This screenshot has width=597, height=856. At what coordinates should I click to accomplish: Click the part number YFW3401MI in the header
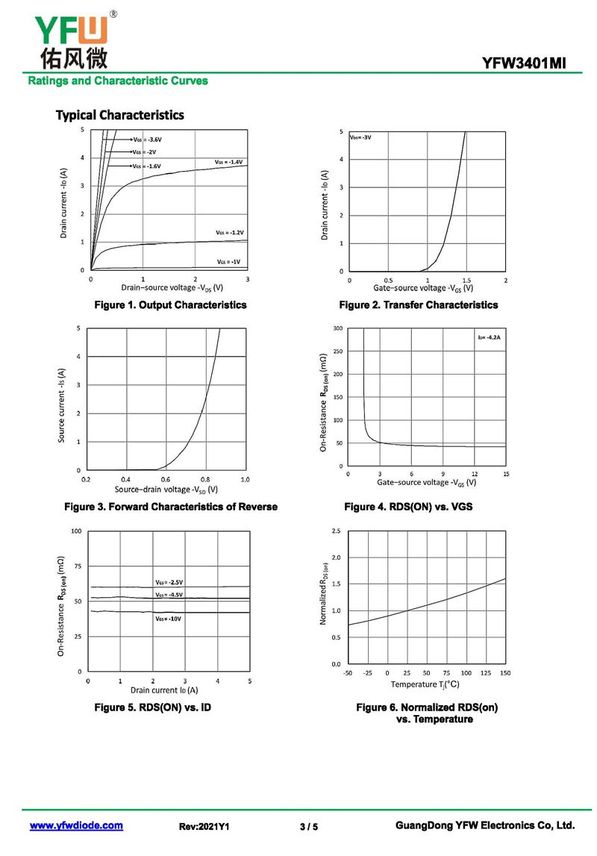pyautogui.click(x=524, y=64)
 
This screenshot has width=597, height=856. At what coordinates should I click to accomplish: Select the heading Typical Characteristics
pyautogui.click(x=119, y=115)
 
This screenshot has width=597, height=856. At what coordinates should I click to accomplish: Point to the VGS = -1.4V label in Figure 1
pyautogui.click(x=228, y=162)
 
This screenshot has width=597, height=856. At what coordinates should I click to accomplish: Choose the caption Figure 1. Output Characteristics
pyautogui.click(x=169, y=304)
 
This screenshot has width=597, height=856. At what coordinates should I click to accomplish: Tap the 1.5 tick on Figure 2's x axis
pyautogui.click(x=466, y=280)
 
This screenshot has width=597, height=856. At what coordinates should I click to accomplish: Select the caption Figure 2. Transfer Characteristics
pyautogui.click(x=418, y=304)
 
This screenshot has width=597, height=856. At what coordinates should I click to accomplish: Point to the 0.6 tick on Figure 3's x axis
pyautogui.click(x=165, y=479)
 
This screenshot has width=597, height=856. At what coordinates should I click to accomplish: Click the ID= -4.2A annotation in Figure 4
pyautogui.click(x=489, y=338)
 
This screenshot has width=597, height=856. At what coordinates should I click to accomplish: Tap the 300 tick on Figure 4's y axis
pyautogui.click(x=337, y=328)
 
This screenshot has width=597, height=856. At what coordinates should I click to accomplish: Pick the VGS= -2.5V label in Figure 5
pyautogui.click(x=169, y=582)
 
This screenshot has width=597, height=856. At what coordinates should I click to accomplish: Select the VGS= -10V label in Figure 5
pyautogui.click(x=169, y=619)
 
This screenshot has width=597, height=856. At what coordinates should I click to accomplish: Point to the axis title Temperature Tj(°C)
pyautogui.click(x=425, y=684)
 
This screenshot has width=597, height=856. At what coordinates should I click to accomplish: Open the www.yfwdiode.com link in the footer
pyautogui.click(x=76, y=825)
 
